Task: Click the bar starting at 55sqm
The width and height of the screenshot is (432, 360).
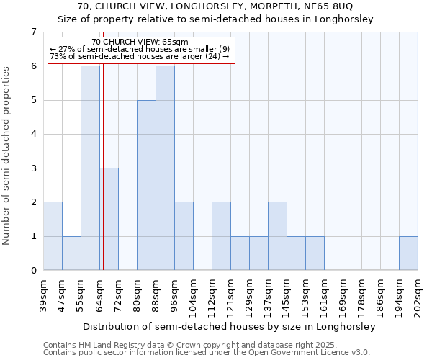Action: [x=90, y=168]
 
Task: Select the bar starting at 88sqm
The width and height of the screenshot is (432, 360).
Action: [x=165, y=168]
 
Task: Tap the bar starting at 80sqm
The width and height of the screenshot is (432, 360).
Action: [x=146, y=185]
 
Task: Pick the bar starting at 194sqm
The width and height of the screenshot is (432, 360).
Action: [x=408, y=253]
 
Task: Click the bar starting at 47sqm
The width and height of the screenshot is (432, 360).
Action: [x=71, y=253]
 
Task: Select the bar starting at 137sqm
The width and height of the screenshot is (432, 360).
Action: [x=277, y=236]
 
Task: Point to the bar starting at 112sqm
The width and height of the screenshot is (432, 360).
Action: [x=221, y=236]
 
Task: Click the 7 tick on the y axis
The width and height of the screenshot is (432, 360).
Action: [x=33, y=32]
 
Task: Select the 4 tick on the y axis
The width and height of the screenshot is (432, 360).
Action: [x=33, y=134]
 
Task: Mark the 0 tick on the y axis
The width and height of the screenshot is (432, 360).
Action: [x=33, y=271]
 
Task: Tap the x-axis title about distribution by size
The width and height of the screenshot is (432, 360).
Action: [x=230, y=326]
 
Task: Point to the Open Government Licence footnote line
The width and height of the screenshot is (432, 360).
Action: [x=207, y=352]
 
